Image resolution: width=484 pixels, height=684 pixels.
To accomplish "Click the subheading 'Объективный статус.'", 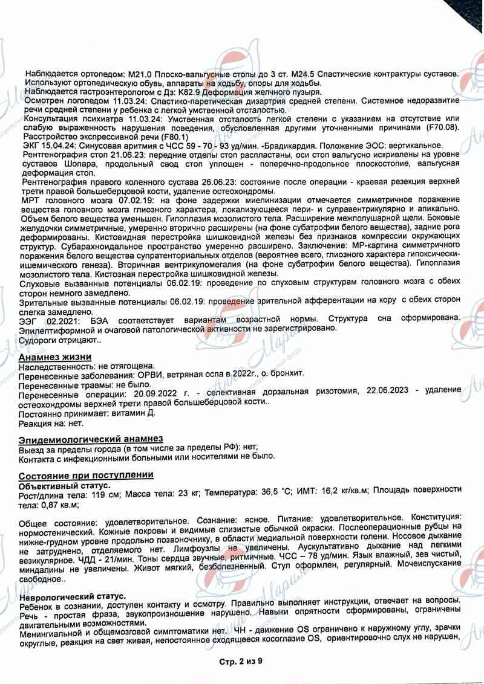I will tap(64, 485).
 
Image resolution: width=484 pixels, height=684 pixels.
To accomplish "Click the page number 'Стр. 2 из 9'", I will tap(241, 662).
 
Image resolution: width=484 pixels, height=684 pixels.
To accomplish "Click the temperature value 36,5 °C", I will tap(272, 494).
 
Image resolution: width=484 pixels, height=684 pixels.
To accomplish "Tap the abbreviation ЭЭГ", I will tap(29, 318).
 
